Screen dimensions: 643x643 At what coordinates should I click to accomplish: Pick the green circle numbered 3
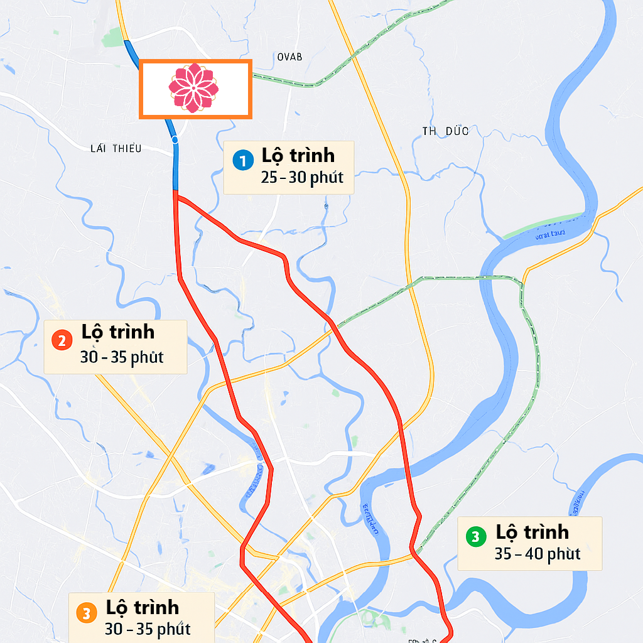[x=475, y=537]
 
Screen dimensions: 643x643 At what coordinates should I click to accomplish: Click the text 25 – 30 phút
[x=302, y=177]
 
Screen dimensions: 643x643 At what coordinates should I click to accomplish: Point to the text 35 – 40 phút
[x=537, y=554]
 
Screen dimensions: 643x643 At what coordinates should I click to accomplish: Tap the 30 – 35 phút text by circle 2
[x=122, y=357]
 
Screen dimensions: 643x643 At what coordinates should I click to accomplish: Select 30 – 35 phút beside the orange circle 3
[x=148, y=629]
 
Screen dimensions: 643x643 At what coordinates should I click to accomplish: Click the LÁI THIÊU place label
[x=116, y=148]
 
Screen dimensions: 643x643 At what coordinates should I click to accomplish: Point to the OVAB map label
[x=289, y=57]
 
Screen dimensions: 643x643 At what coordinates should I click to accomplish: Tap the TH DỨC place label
[x=445, y=131]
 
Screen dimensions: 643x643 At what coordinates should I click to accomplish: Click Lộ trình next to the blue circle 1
[x=298, y=155]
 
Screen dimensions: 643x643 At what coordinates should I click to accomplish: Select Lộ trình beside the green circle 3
[x=532, y=532]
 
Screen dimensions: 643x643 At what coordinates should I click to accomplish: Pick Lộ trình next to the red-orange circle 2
[x=118, y=332]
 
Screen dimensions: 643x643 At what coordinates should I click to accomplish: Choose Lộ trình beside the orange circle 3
[x=143, y=607]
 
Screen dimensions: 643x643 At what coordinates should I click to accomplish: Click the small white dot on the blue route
[x=175, y=139]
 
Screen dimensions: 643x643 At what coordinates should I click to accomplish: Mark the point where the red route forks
[x=175, y=197]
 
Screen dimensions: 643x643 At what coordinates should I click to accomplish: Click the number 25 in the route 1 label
[x=269, y=177]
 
